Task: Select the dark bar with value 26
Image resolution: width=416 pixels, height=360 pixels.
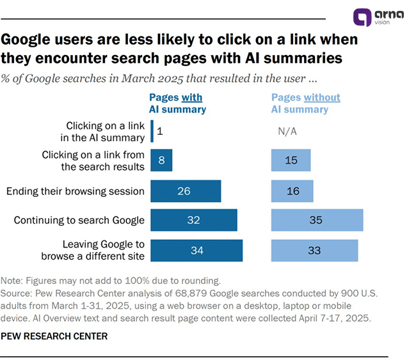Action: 186,191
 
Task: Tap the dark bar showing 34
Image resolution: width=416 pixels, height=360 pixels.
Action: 196,250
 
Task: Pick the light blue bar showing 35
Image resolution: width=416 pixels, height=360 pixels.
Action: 317,220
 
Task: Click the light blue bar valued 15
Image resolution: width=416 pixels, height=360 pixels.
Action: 291,160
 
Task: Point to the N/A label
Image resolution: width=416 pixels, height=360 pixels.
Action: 287,131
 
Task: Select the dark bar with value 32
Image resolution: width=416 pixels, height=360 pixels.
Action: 194,220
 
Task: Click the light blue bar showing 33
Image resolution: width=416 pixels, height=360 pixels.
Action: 314,250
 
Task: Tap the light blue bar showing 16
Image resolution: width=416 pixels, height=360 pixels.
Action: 292,191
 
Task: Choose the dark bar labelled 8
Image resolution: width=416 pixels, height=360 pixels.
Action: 161,160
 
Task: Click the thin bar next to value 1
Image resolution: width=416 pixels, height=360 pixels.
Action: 152,131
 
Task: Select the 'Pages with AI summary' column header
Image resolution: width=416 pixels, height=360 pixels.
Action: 177,103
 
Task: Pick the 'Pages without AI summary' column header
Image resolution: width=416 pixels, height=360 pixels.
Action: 305,103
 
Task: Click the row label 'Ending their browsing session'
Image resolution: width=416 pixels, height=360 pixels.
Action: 76,191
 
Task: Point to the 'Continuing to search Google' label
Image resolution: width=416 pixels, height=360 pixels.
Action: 79,221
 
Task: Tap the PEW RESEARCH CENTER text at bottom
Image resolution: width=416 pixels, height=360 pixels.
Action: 54,336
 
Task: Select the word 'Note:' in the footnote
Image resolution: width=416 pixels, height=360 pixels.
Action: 13,281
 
